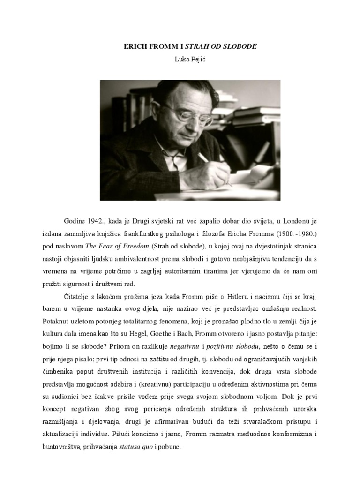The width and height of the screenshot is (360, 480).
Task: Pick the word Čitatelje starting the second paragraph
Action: point(77,298)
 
